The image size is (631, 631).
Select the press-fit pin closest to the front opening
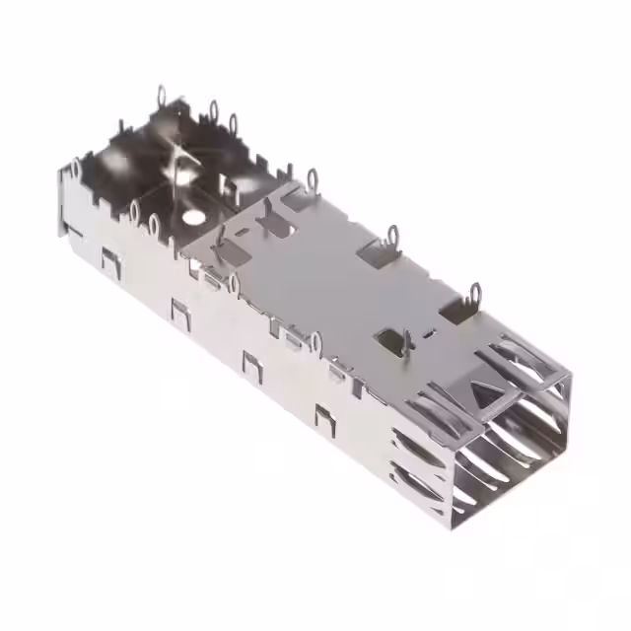click(476, 293)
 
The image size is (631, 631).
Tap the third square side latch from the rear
click(252, 363)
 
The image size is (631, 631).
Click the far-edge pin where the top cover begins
click(314, 178)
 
